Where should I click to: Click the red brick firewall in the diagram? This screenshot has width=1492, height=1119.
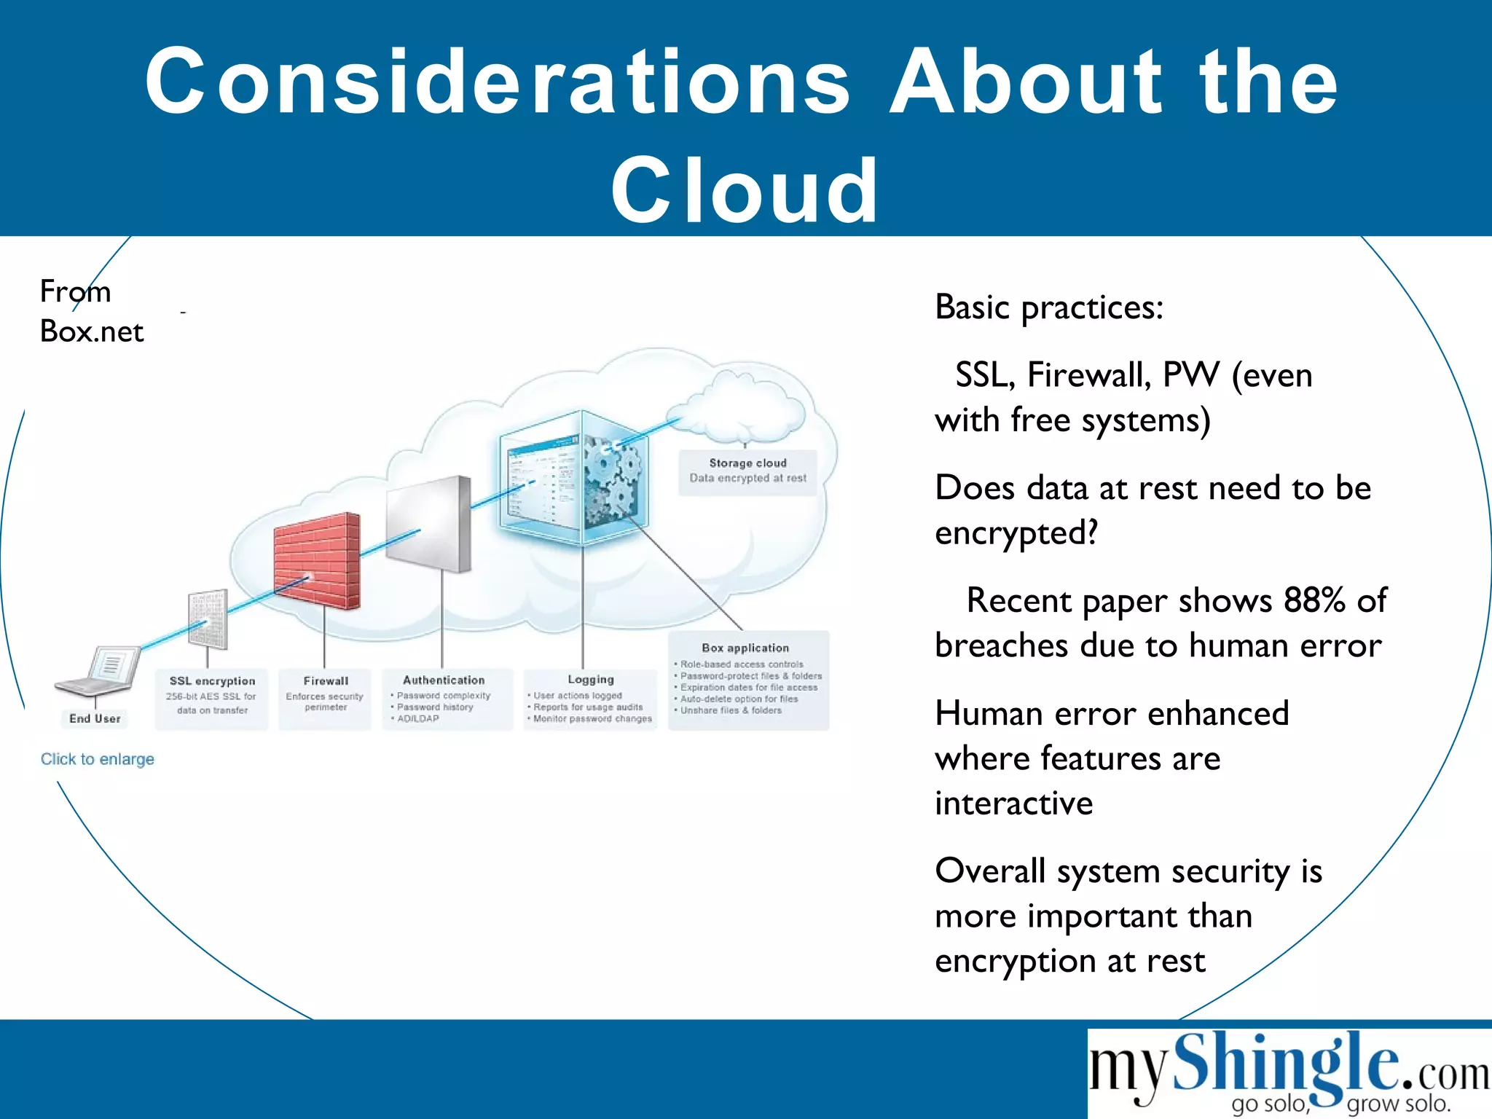click(317, 561)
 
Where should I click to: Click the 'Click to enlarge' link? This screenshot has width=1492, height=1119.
click(98, 759)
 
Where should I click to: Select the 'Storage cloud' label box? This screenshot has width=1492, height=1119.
click(747, 471)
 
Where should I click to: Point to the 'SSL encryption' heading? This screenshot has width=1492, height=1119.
click(212, 681)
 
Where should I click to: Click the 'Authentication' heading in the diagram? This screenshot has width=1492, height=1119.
click(444, 680)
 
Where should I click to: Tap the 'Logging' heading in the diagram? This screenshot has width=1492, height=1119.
click(591, 680)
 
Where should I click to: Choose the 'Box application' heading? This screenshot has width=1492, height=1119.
click(745, 648)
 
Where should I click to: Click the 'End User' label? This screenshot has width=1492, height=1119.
click(95, 718)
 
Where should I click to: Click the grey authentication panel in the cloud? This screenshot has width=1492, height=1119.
click(429, 525)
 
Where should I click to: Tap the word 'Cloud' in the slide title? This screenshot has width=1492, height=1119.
click(745, 191)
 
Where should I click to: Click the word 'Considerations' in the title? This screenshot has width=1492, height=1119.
click(498, 82)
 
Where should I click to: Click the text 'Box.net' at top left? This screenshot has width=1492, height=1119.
click(92, 331)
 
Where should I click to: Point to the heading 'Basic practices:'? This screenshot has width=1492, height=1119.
click(1049, 307)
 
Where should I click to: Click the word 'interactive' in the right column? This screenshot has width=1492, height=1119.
click(1014, 804)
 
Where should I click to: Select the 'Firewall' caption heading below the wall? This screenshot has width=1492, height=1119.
click(326, 681)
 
